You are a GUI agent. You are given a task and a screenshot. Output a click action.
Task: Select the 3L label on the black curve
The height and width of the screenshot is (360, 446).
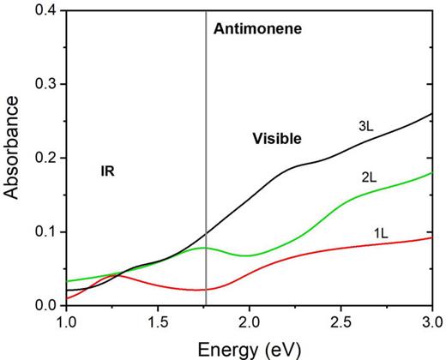pos(367,126)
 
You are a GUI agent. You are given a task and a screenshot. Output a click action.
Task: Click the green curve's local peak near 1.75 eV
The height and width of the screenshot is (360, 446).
pos(203,248)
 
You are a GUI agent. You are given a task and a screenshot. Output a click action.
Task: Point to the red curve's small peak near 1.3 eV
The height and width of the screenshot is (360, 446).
pos(118,275)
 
